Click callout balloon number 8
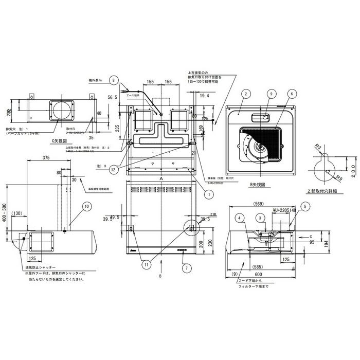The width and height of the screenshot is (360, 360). click(115, 80)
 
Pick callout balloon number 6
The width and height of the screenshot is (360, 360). click(292, 94)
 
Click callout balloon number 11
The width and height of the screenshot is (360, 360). click(146, 264)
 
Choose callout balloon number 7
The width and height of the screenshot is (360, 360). click(186, 267)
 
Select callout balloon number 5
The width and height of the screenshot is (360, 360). click(307, 206)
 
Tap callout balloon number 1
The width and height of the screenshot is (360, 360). click(209, 194)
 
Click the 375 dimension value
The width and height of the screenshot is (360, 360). click(46, 158)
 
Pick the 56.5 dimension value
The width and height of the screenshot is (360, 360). click(113, 97)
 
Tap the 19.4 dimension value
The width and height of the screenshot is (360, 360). click(205, 96)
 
